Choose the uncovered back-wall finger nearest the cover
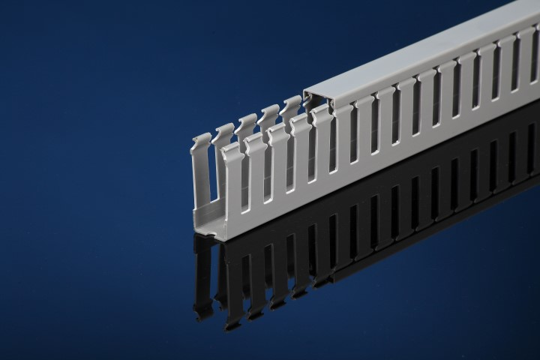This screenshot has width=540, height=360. (x=290, y=107)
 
